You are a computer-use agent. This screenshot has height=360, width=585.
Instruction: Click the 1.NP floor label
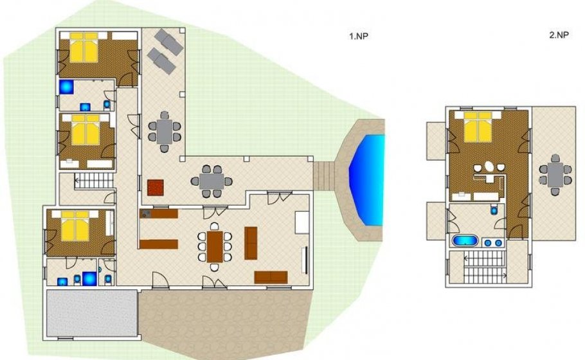pos(359,36)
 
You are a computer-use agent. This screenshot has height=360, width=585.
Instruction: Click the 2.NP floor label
pos(559,35)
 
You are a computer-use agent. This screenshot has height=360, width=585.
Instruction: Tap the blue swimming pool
pos(366,181)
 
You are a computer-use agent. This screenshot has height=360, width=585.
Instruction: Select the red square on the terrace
pos(156,188)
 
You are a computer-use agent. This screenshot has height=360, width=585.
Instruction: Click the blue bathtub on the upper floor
pos(465,240)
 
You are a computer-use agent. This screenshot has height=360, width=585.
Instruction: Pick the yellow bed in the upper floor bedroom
pos(478,127)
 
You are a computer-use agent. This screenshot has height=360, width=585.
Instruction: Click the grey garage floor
pos(92,313)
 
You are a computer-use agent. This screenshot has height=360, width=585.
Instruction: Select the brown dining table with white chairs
pos(215,247)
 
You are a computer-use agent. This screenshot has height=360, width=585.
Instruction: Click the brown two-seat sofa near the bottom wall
pos(271,277)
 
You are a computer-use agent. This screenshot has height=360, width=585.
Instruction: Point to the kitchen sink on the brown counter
pos(145,214)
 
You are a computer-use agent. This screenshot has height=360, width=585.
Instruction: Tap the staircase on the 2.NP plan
pos(485,267)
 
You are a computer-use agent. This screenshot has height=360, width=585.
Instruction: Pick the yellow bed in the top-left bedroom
pos(84,48)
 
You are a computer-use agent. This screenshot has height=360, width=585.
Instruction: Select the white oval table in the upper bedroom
pos(489,166)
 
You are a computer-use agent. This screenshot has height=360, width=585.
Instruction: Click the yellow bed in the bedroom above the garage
pos(75,226)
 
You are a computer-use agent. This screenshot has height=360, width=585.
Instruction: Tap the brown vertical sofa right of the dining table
pos(251,243)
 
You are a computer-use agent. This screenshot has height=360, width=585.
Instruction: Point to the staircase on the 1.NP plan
pos(94,181)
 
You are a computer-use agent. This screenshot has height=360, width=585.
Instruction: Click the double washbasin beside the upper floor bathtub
pos(492,243)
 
